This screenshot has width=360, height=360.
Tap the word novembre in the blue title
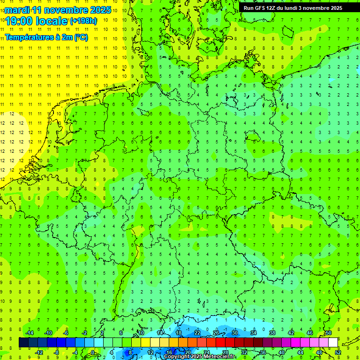coord(65,10)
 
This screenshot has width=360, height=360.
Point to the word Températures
coord(29,37)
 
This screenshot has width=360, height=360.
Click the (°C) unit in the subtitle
coord(80,37)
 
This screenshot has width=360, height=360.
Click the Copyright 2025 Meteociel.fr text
coord(199,357)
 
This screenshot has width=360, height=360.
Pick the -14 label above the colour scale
coord(29,333)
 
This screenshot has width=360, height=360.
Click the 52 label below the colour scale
coord(337,352)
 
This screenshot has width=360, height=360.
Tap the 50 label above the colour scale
coord(328,333)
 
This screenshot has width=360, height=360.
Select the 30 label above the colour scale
coord(235,333)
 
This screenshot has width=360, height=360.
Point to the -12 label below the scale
coord(39,352)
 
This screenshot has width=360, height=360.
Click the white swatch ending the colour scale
coord(333,342)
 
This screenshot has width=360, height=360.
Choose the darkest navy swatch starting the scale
coord(23,342)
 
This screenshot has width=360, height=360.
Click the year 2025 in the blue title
coord(100,10)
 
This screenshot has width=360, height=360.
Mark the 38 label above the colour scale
coord(272,333)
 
